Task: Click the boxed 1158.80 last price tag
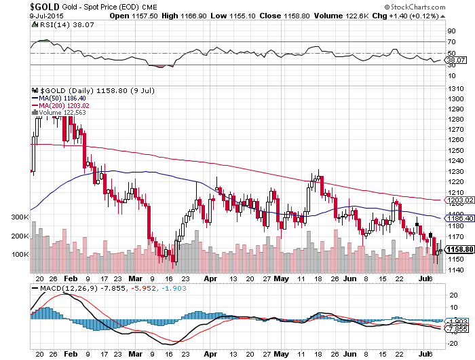click(456, 249)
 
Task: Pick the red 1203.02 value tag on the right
click(456, 200)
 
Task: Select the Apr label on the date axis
click(211, 279)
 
